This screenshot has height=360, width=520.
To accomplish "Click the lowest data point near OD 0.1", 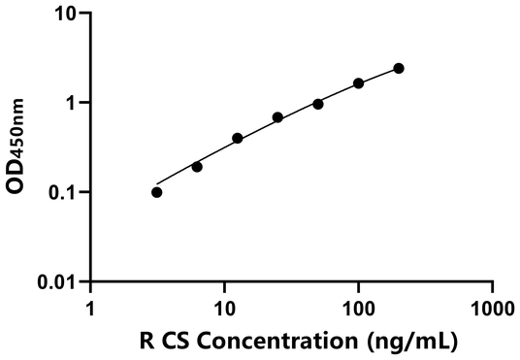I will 157,192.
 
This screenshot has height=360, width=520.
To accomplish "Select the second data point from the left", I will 197,167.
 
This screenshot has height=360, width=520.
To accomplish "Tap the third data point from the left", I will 238,139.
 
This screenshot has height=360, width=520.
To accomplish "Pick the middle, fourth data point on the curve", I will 277,117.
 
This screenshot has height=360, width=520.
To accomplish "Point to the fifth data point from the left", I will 318,104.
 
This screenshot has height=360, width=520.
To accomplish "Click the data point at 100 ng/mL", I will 359,83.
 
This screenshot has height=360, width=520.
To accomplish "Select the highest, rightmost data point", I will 399,68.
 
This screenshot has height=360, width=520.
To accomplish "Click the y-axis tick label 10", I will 66,14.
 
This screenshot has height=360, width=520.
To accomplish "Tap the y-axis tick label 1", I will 72,103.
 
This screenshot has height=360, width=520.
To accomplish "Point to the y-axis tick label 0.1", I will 64,192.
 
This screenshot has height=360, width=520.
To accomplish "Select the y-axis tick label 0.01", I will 59,281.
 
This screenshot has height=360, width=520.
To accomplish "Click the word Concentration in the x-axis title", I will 289,341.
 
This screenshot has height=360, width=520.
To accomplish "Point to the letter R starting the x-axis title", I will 146,341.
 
